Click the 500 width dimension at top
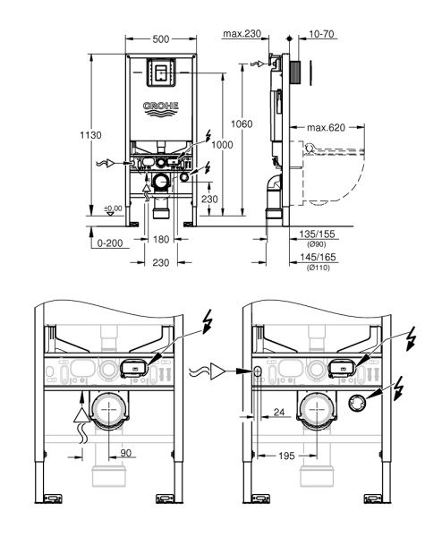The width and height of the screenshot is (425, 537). (x=161, y=40)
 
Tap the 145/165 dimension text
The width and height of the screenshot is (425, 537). (x=319, y=258)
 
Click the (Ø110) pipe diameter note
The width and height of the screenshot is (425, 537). (x=319, y=268)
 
